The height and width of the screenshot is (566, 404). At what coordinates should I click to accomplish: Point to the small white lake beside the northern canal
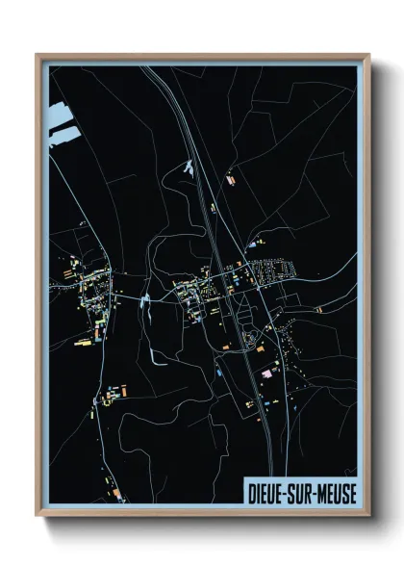(189, 168)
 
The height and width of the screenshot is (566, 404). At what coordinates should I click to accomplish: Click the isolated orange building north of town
(230, 179)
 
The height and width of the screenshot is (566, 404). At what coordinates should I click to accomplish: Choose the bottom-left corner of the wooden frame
(38, 517)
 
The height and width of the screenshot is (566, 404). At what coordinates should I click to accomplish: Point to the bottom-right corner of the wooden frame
(368, 517)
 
